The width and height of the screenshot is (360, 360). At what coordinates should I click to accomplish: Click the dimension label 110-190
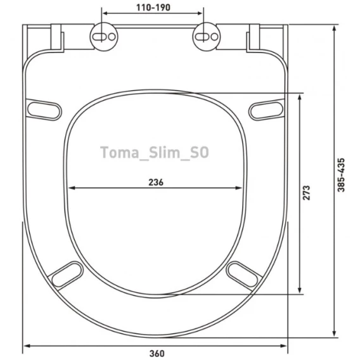153,8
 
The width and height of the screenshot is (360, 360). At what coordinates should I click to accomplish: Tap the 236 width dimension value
156,183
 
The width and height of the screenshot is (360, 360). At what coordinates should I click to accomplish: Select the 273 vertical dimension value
306,193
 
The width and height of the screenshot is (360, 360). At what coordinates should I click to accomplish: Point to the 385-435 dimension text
341,175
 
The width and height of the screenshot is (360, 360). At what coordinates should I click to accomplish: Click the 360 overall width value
157,353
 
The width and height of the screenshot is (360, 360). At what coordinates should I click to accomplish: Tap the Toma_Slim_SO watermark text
155,152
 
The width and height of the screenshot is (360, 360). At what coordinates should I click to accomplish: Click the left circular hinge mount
104,37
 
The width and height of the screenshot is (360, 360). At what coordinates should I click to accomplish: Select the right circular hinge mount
206,37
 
